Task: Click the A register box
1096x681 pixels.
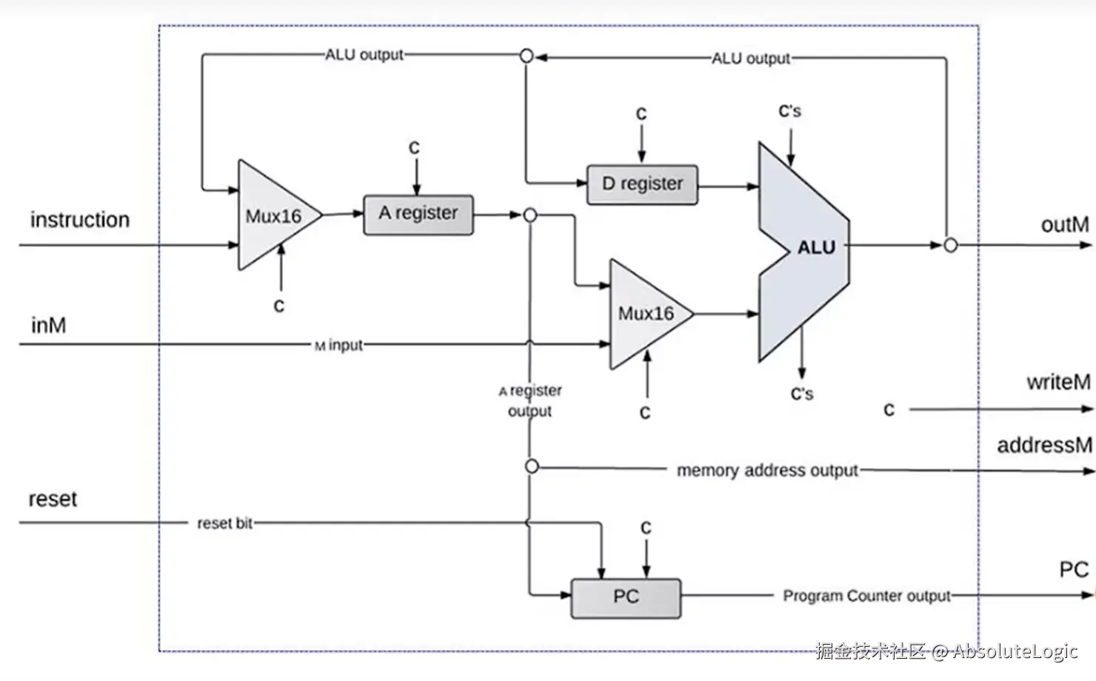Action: (418, 215)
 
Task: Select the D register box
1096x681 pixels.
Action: (643, 184)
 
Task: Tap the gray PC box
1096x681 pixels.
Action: (626, 598)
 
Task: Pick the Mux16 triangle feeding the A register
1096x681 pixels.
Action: (274, 215)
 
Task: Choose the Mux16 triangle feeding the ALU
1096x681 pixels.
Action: (646, 314)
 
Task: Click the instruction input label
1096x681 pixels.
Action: (80, 220)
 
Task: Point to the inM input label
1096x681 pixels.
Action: (48, 326)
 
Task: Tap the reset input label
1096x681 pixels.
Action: (53, 499)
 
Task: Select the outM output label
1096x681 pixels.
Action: (1065, 225)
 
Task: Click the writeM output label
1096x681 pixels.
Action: (1058, 382)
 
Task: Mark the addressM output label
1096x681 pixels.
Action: (1044, 445)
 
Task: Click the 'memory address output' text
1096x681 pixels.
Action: (767, 470)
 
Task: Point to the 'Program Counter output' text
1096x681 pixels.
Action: (866, 596)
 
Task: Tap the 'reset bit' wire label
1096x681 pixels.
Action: (224, 523)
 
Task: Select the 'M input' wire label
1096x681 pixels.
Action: (338, 346)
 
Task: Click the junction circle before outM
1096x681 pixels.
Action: (950, 245)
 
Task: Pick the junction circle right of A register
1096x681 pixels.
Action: (530, 215)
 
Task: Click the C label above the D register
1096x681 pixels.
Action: (641, 114)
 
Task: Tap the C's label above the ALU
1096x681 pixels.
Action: (789, 111)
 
